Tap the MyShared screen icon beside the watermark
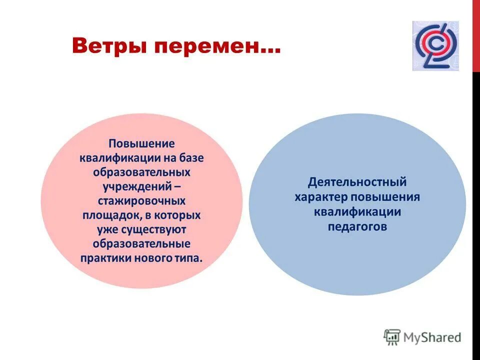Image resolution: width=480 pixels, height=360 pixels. click(x=392, y=337)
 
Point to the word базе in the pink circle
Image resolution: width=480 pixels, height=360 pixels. click(x=190, y=158)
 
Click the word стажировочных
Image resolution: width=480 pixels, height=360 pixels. click(x=141, y=201)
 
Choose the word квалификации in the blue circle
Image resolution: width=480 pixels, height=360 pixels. click(x=357, y=211)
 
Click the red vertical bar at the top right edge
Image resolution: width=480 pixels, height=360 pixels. click(x=476, y=35)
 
